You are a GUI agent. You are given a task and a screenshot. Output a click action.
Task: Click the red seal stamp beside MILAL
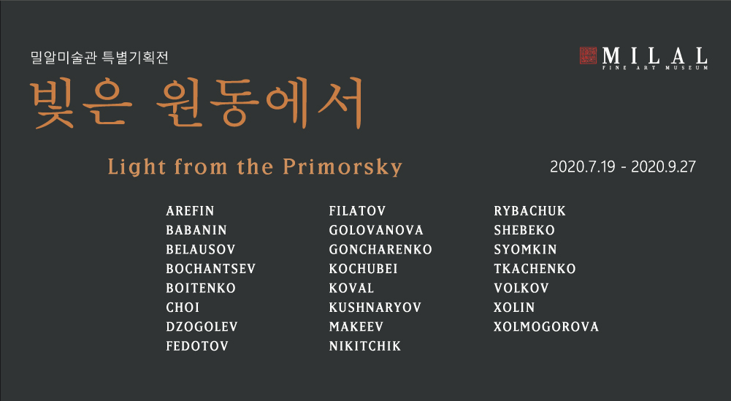coord(588,56)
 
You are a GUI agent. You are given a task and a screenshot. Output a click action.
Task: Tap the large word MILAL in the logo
coord(654,56)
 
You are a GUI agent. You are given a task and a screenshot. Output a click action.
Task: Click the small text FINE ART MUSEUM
coord(655,68)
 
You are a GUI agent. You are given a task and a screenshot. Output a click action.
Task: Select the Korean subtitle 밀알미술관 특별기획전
coord(99,58)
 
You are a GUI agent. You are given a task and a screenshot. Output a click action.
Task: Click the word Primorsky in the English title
coord(342,167)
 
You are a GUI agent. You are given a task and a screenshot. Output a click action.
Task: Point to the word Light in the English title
coord(137,167)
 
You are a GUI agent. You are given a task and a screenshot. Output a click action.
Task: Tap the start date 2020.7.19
coord(583,167)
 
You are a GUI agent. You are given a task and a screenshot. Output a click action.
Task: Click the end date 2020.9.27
coord(663,167)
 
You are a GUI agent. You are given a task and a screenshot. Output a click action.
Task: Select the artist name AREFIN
coord(190,211)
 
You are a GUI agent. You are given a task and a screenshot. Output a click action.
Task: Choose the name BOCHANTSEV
coord(211,269)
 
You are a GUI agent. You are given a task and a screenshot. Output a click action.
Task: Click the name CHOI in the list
coord(183,308)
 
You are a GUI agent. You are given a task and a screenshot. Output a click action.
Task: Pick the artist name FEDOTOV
coord(197,346)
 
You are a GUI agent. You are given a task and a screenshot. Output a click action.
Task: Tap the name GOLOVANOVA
coord(376,230)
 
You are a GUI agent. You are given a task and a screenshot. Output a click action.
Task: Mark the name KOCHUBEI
coord(363,269)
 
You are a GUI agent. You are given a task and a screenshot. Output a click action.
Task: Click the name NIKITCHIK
coord(365,346)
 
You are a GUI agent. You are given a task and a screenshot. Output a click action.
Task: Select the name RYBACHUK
coord(530,211)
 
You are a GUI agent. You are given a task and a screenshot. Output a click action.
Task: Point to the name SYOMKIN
coord(525,250)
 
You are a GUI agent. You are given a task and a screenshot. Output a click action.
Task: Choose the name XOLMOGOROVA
coord(546,326)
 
